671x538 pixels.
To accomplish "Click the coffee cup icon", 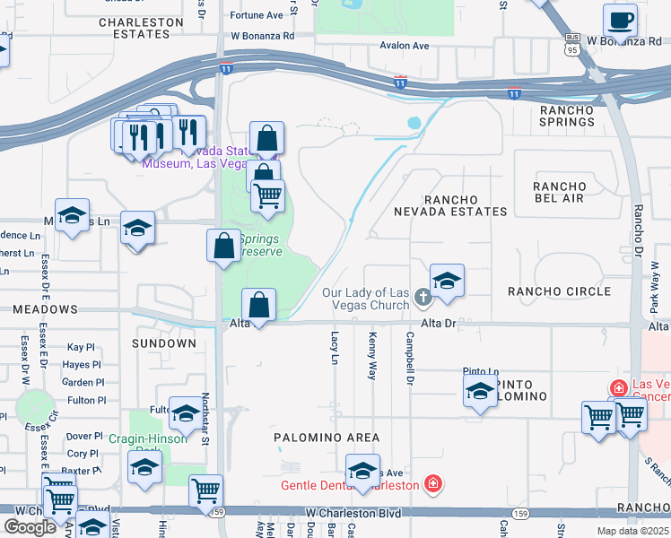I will pyautogui.click(x=619, y=19).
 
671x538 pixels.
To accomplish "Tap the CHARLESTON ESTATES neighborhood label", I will pyautogui.click(x=135, y=28).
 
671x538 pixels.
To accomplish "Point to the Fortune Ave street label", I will pyautogui.click(x=257, y=15).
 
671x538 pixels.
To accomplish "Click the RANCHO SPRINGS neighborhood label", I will pyautogui.click(x=567, y=116).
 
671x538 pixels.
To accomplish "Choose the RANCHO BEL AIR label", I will pyautogui.click(x=559, y=192).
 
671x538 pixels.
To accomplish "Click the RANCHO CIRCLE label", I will pyautogui.click(x=559, y=291).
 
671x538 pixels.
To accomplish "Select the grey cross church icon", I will pyautogui.click(x=424, y=299).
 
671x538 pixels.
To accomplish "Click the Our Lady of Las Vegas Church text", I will pyautogui.click(x=366, y=299).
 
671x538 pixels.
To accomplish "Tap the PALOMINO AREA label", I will pyautogui.click(x=327, y=438).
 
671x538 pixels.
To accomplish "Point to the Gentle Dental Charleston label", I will pyautogui.click(x=350, y=485).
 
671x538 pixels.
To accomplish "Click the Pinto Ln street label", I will pyautogui.click(x=480, y=371).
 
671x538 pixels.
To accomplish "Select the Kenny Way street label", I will pyautogui.click(x=372, y=355).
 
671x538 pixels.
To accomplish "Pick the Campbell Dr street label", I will pyautogui.click(x=409, y=359).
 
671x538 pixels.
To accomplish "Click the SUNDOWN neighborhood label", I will pyautogui.click(x=164, y=343).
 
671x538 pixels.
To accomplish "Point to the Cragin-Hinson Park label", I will pyautogui.click(x=148, y=445).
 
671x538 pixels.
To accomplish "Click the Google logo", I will pyautogui.click(x=30, y=526).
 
